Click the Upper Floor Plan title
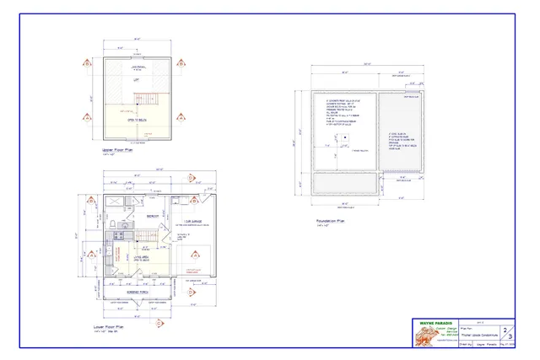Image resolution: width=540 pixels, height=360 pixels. click(117, 152)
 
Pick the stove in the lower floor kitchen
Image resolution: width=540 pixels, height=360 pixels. click(111, 244)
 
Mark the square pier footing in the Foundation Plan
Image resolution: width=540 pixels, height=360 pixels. click(345, 134)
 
